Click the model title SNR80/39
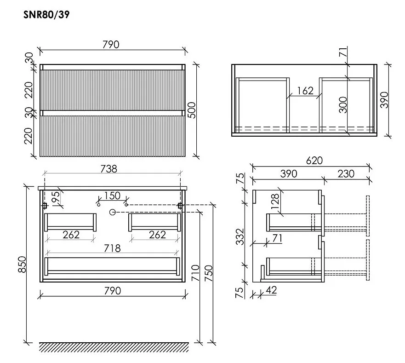coord(46,14)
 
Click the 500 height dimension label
coord(192,110)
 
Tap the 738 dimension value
coord(109,169)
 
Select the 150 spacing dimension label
coord(112,196)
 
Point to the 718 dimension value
coord(112,248)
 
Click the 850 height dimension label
coord(23,264)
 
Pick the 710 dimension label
coord(195,273)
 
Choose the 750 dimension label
coord(208,273)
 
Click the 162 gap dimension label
coord(305,91)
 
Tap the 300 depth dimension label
coord(343,105)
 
